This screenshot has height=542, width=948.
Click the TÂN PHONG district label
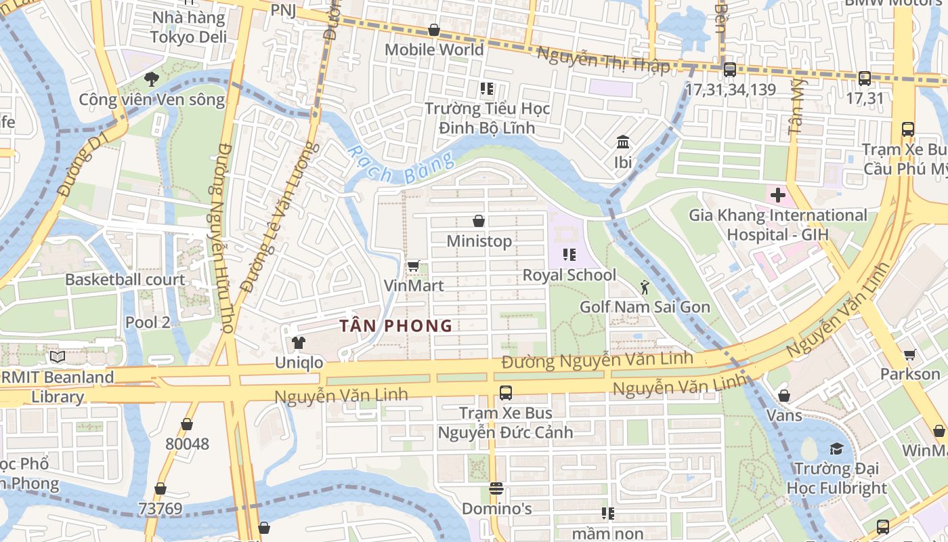(395, 326)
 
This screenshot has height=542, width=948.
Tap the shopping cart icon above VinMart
(414, 266)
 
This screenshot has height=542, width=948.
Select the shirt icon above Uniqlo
(299, 343)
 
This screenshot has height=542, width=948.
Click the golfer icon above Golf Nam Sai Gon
(645, 287)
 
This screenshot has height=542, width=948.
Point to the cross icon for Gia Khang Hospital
(777, 196)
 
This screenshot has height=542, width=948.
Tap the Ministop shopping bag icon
(479, 221)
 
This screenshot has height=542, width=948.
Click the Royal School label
(569, 275)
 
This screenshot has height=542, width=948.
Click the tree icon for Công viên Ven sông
(152, 79)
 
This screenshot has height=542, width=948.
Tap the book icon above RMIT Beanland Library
(57, 356)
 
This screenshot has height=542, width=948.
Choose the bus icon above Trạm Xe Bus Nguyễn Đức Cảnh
(505, 392)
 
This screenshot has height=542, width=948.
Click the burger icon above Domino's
(496, 488)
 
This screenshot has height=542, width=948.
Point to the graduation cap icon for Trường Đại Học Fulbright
(836, 449)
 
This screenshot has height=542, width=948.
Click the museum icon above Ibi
(623, 142)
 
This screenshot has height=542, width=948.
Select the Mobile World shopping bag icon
(434, 30)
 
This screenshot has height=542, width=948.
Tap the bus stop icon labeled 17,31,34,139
(730, 69)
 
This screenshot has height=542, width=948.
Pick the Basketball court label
(125, 279)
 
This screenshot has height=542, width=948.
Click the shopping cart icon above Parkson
(910, 354)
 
